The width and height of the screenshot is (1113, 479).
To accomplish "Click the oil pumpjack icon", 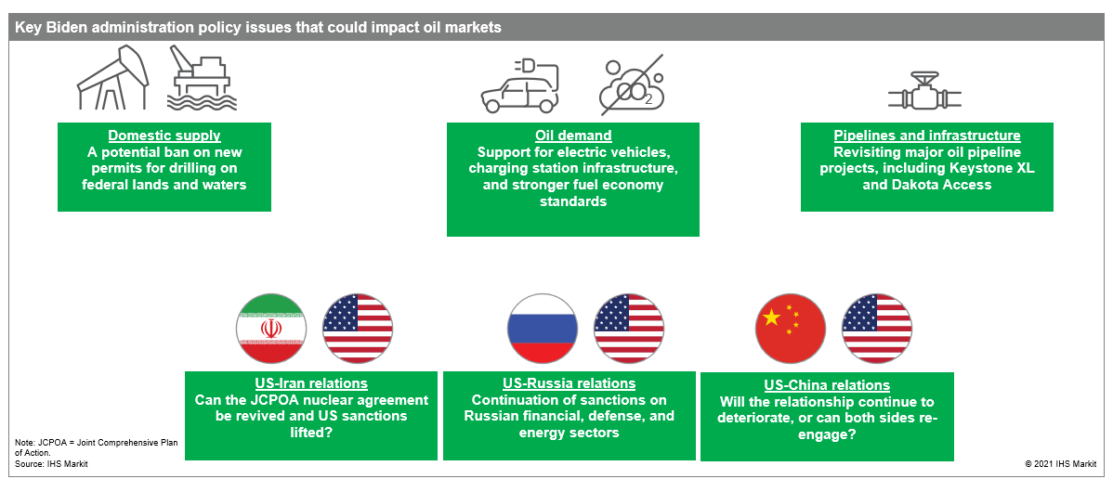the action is coord(113,77).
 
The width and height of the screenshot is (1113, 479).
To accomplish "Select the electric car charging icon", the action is coord(520,86).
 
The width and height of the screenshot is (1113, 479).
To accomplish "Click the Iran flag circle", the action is coord(271,328).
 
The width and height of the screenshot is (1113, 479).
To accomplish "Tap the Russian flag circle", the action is coord(542,328).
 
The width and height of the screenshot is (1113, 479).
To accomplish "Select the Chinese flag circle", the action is coord(790,328).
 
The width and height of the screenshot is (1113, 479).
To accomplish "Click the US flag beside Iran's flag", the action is coord(357,328).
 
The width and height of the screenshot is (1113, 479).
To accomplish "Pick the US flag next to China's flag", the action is coord(877,328).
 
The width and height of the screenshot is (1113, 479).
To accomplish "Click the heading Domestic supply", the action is coord(164,136).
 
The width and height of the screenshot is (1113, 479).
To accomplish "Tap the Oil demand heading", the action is coord(573,136).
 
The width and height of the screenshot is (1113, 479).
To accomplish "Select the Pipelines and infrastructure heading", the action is coord(927,136).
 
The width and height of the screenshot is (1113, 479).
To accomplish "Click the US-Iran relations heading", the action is coord(311,383).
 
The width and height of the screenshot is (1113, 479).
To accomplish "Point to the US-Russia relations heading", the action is coord(570,384).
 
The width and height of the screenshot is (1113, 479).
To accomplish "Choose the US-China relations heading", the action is coord(827,385).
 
